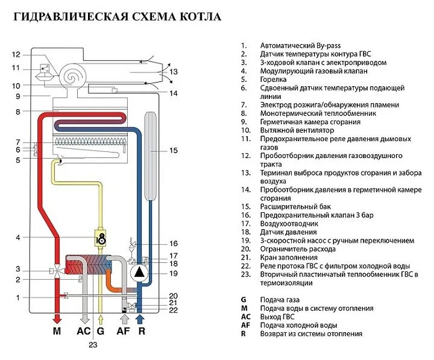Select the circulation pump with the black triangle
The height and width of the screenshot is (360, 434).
tap(139, 272)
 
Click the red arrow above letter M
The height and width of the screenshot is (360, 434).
tap(57, 317)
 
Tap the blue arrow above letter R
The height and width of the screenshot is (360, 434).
tap(140, 318)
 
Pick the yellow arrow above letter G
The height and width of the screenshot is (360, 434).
tap(101, 318)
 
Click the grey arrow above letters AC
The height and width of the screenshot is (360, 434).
tap(85, 318)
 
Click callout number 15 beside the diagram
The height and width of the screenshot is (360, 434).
tap(174, 151)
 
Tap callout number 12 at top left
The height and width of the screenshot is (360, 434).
tap(16, 54)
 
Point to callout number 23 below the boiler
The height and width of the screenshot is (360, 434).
tap(93, 346)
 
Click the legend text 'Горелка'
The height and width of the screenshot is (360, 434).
tap(274, 80)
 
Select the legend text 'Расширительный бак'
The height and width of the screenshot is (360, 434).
tap(292, 206)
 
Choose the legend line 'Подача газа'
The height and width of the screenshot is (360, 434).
tap(279, 300)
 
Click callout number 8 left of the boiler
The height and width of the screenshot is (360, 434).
tap(18, 112)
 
